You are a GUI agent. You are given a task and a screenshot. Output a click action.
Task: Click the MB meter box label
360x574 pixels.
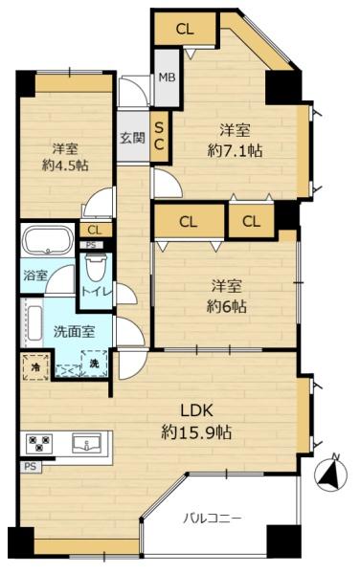(x=167, y=77)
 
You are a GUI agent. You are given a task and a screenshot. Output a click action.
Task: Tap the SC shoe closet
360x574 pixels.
(x=159, y=136)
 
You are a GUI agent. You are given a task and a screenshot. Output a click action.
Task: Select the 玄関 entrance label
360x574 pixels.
(x=132, y=138)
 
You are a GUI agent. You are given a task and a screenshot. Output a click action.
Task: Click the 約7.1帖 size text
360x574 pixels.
(x=235, y=150)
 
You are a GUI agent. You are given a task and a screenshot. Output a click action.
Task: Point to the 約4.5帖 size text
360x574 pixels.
(x=65, y=166)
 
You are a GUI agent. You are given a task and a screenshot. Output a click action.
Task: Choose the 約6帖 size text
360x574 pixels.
(x=226, y=307)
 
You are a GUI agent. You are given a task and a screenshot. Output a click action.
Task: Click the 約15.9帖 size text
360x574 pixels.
(x=196, y=433)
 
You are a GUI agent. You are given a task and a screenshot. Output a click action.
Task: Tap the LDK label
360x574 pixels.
(x=196, y=410)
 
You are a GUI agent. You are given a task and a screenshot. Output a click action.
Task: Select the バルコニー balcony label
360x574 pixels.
(x=213, y=519)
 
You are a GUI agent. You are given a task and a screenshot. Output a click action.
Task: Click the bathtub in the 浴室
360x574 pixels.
(x=48, y=240)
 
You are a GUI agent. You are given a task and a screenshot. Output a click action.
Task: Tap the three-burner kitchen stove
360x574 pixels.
(x=38, y=443)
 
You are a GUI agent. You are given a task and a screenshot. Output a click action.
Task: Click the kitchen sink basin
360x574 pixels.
(x=86, y=443)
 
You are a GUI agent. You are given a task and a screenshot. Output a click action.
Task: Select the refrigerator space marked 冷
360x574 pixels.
(x=35, y=366)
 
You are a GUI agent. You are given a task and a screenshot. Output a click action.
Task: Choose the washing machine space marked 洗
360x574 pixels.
(x=94, y=364)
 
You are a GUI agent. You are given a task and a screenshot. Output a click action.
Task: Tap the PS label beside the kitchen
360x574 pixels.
(x=31, y=467)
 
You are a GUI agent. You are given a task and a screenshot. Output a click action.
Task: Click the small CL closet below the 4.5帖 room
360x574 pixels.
(x=95, y=231)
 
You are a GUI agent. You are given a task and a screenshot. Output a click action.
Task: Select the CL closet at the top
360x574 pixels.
(x=185, y=29)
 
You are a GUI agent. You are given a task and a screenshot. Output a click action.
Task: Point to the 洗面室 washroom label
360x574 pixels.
(x=74, y=331)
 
